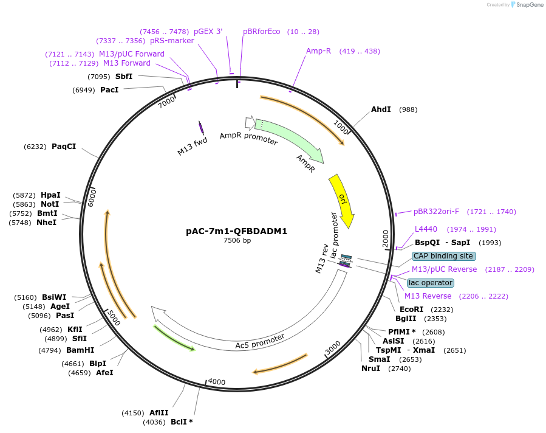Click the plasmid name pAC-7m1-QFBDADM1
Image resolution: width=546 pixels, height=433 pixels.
(236, 231)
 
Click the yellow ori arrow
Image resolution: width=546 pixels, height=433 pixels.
(343, 201)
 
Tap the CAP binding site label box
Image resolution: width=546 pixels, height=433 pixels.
(443, 256)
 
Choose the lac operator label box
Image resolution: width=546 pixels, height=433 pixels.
(430, 283)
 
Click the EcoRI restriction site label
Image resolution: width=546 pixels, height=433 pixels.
(411, 310)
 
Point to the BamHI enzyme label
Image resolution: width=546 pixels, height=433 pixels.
(80, 350)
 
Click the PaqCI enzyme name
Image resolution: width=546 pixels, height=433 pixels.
(64, 147)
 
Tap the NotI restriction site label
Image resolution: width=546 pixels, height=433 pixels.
(50, 205)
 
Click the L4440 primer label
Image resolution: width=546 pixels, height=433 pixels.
(426, 229)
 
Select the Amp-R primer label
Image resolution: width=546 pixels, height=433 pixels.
(318, 51)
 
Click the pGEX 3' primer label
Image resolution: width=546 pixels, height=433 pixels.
(208, 32)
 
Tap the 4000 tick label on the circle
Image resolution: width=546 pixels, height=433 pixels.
(217, 382)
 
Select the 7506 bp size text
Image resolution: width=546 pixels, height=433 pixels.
(237, 241)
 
